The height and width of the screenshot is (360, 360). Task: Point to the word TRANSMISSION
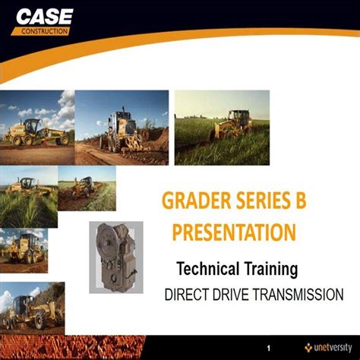pyautogui.click(x=302, y=294)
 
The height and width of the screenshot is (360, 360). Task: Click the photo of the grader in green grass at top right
pyautogui.click(x=222, y=128)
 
